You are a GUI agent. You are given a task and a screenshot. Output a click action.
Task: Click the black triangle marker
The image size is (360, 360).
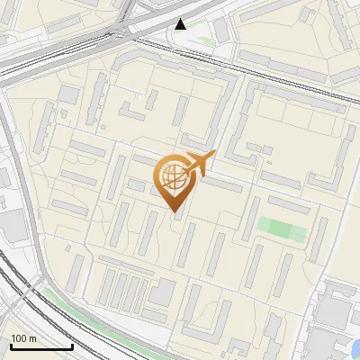[182, 24]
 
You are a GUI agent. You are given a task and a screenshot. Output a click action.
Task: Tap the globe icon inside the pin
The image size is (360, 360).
[172, 176]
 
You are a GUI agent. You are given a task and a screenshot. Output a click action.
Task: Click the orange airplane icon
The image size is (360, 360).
[199, 163]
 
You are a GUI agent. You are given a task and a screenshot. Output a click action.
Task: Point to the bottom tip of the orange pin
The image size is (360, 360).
[174, 211]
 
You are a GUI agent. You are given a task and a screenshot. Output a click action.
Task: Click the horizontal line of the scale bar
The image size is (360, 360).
[40, 346]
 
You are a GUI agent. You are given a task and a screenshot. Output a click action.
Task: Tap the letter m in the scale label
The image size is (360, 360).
[32, 338]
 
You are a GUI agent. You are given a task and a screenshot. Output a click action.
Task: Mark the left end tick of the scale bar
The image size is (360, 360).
[10, 345]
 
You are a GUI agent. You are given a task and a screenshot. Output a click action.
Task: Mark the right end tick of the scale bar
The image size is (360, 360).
[71, 345]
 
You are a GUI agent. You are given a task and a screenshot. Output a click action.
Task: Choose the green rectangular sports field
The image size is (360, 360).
[282, 229]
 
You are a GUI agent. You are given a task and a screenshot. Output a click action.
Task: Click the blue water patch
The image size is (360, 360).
[355, 346]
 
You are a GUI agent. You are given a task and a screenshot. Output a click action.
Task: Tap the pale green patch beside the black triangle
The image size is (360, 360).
[202, 40]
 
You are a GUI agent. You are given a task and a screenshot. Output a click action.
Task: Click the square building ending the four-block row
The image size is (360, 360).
[163, 292]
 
